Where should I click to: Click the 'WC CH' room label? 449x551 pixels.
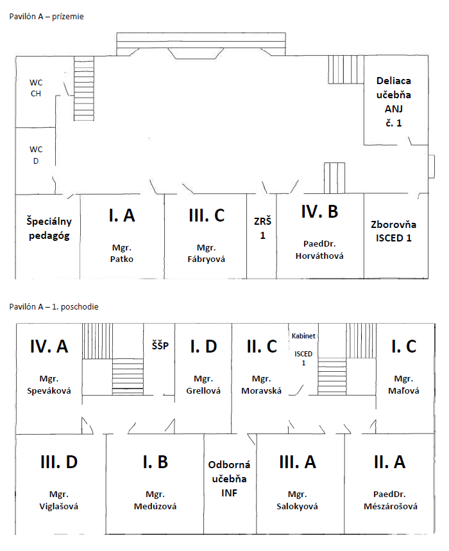(36, 88)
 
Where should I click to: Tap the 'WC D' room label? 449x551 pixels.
(36, 155)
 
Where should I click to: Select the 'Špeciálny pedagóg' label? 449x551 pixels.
(49, 229)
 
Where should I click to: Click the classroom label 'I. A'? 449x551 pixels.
(122, 215)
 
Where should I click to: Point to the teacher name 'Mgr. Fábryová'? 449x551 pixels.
(206, 254)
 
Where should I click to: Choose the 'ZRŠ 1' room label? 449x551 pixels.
(262, 228)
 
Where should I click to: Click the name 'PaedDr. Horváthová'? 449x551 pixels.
(319, 250)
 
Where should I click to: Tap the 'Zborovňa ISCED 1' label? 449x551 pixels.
(394, 231)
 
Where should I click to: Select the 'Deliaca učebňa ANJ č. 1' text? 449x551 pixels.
(394, 102)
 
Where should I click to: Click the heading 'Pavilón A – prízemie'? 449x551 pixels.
(46, 17)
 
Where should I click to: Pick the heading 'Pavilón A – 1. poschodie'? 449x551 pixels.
(54, 307)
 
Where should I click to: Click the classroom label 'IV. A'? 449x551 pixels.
(49, 346)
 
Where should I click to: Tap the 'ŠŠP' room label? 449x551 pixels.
(160, 345)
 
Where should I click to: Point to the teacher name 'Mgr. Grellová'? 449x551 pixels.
(203, 385)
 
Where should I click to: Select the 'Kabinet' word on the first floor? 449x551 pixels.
(303, 336)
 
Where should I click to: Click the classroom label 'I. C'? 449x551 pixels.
(403, 346)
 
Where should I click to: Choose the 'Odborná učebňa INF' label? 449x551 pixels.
(229, 478)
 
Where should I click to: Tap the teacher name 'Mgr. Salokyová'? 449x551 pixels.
(297, 500)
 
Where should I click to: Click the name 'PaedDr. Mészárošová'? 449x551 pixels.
(391, 500)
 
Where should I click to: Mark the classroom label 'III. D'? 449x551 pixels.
(59, 462)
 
